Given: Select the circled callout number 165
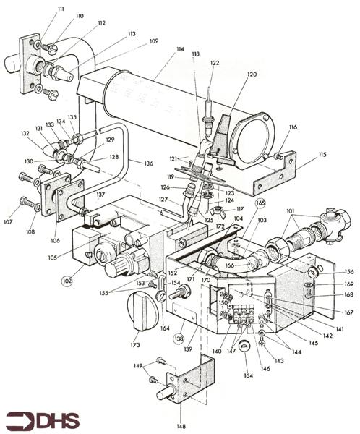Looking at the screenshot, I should tap(260, 204).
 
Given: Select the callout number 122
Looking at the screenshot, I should tap(214, 64).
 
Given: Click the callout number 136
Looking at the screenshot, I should tap(149, 163).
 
